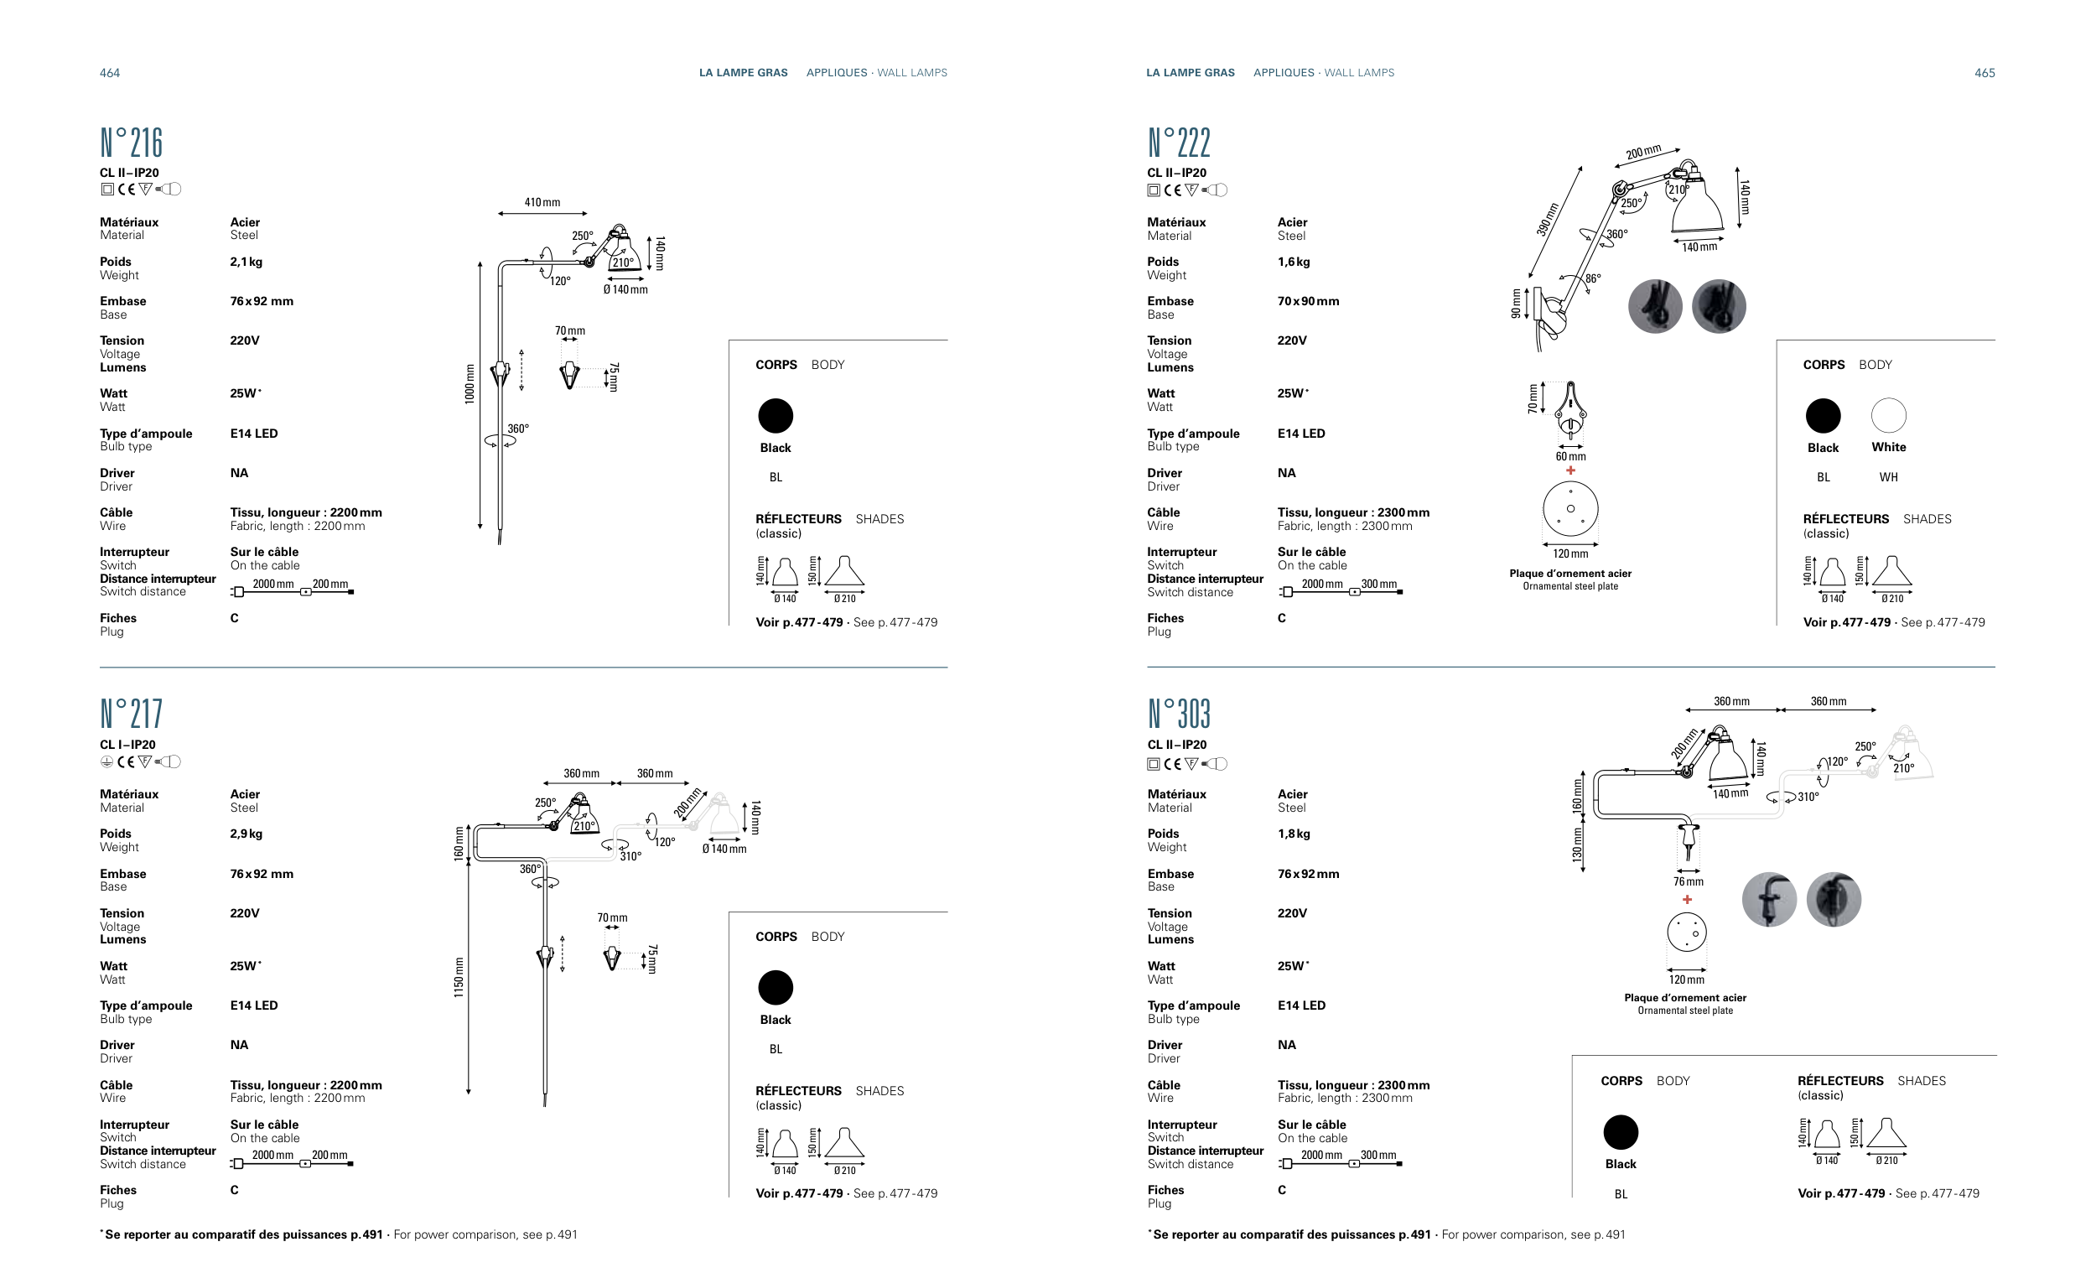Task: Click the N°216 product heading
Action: click(x=131, y=143)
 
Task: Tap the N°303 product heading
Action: click(x=1178, y=714)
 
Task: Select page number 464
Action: click(x=110, y=73)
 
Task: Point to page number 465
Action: click(x=1984, y=73)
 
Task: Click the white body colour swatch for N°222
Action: click(x=1888, y=416)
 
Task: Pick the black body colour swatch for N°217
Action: click(x=775, y=988)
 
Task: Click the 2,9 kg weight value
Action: click(x=246, y=834)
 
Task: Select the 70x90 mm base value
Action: click(x=1307, y=301)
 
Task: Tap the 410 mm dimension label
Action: click(x=542, y=203)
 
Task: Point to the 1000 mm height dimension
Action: click(x=470, y=385)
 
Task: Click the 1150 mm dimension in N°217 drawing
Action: click(x=459, y=977)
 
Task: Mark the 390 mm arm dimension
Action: click(x=1548, y=220)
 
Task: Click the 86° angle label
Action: click(x=1592, y=278)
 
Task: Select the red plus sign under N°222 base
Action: click(x=1570, y=470)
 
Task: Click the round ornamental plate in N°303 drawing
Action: click(x=1686, y=932)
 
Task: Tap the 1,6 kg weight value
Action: click(x=1293, y=262)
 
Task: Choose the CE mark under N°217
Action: click(x=126, y=762)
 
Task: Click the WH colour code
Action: click(x=1888, y=477)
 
